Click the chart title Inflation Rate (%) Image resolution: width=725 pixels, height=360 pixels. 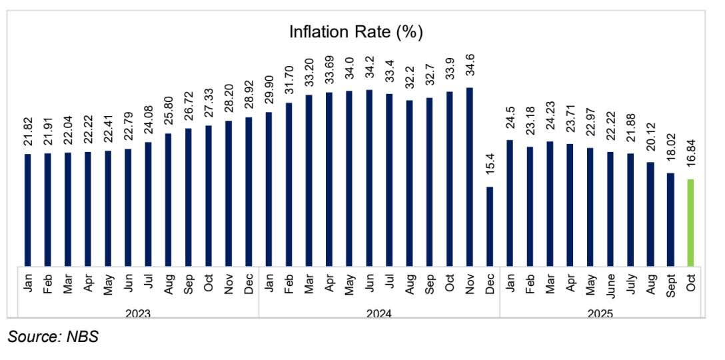click(356, 31)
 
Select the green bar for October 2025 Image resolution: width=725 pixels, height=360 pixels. click(691, 222)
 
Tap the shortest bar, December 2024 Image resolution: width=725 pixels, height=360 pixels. click(490, 225)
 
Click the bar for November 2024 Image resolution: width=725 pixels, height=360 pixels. click(470, 176)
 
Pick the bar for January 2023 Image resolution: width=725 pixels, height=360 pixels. click(28, 209)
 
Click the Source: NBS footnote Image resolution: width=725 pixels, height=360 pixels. click(53, 337)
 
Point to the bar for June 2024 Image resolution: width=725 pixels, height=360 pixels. click(369, 177)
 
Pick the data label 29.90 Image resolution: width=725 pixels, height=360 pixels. click(269, 91)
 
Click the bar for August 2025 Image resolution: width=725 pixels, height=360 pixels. click(650, 213)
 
